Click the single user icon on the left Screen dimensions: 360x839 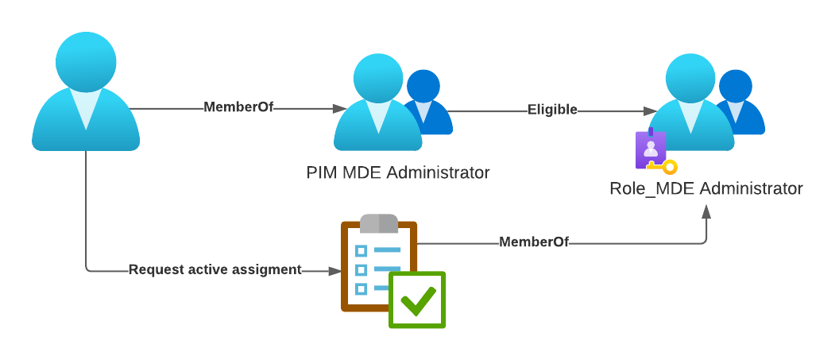point(86,95)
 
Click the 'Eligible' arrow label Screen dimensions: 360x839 point(552,110)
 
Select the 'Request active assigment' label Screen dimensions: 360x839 point(215,270)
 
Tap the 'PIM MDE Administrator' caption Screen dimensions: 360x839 point(398,172)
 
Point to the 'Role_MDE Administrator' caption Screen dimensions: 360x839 point(706,189)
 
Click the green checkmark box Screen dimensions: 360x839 point(417,300)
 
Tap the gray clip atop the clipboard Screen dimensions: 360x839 point(379,223)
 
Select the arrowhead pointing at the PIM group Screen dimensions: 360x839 point(340,108)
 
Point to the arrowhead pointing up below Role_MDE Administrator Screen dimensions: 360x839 point(706,212)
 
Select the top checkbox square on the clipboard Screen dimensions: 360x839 point(361,251)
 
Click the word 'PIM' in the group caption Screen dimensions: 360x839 point(322,172)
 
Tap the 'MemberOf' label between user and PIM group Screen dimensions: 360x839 point(238,107)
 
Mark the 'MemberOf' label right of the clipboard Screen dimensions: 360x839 point(534,242)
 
